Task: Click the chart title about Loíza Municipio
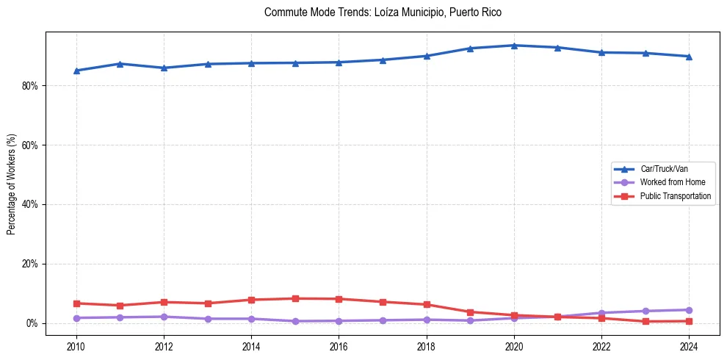[x=383, y=12]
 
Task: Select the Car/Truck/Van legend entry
[x=664, y=169]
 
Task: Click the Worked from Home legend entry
[x=672, y=182]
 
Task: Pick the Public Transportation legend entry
[x=676, y=196]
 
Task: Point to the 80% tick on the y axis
[x=31, y=86]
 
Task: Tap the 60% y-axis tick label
[x=31, y=145]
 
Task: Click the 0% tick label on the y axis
[x=33, y=323]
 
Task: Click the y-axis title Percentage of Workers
[x=12, y=184]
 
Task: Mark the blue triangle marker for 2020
[x=514, y=46]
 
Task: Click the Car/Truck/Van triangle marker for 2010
[x=76, y=71]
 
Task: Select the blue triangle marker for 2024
[x=689, y=57]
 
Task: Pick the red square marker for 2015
[x=295, y=298]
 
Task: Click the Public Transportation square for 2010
[x=76, y=303]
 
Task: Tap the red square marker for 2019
[x=470, y=312]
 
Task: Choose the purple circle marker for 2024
[x=689, y=310]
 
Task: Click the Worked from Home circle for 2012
[x=164, y=317]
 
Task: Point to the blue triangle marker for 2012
[x=164, y=68]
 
